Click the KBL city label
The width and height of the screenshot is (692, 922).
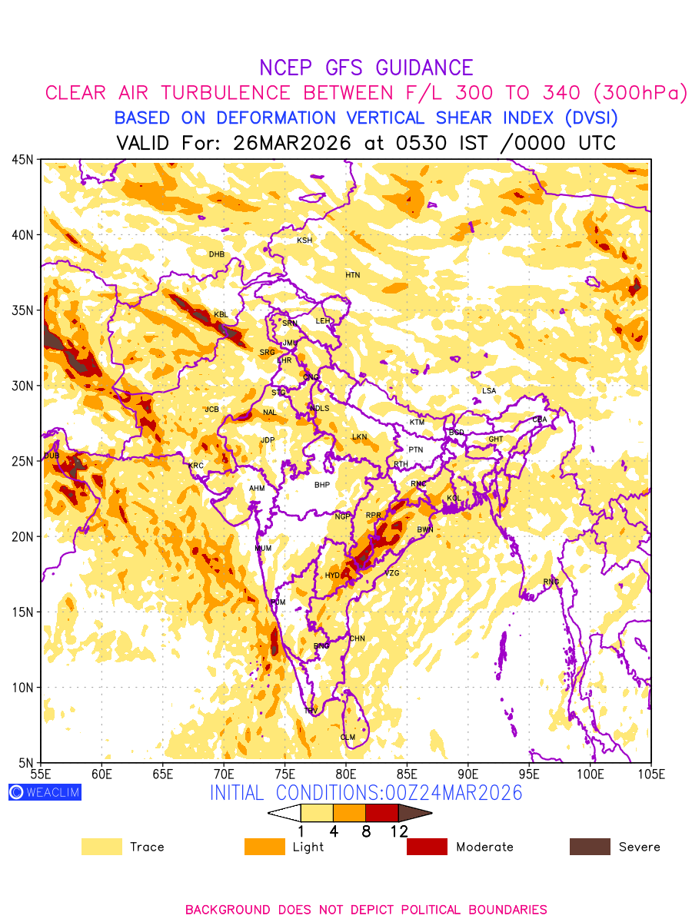221,314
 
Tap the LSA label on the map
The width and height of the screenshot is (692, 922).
489,391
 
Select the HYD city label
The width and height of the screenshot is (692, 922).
332,575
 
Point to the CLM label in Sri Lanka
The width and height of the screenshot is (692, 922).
348,738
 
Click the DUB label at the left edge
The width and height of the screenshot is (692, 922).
52,456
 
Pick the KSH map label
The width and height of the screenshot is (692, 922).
304,240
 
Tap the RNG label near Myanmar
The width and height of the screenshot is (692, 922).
551,582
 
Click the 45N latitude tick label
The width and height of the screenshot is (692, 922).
22,159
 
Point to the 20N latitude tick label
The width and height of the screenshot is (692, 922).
22,536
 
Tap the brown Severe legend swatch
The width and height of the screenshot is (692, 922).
589,847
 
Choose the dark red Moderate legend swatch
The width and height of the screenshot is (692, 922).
427,847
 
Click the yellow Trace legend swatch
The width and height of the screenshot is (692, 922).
101,847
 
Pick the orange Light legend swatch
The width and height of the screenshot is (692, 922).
264,847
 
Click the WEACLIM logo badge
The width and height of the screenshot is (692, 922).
45,792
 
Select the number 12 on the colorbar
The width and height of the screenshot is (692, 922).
399,831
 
